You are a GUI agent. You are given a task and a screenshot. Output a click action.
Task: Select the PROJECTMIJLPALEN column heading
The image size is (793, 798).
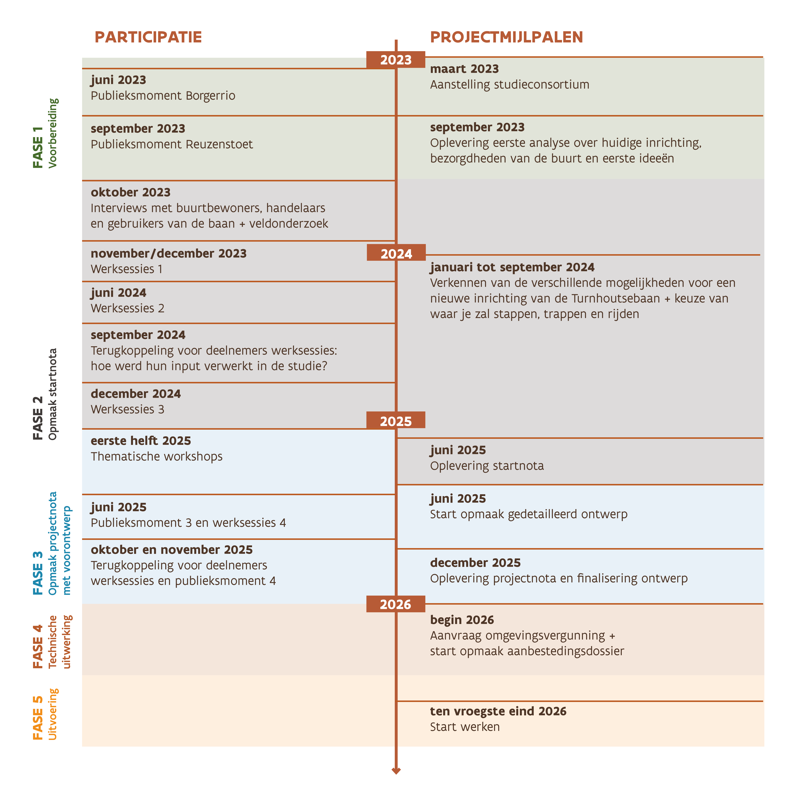(x=506, y=37)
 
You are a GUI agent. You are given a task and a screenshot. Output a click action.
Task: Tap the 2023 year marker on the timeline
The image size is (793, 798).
(x=396, y=60)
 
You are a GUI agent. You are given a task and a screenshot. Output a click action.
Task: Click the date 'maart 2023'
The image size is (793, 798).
(x=464, y=69)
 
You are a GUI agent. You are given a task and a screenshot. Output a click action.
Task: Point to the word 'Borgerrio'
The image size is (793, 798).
(x=210, y=96)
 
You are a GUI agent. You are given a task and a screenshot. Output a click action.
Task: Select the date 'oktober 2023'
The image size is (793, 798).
(x=130, y=192)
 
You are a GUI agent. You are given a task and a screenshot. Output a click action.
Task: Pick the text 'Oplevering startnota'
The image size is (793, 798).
(x=487, y=466)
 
